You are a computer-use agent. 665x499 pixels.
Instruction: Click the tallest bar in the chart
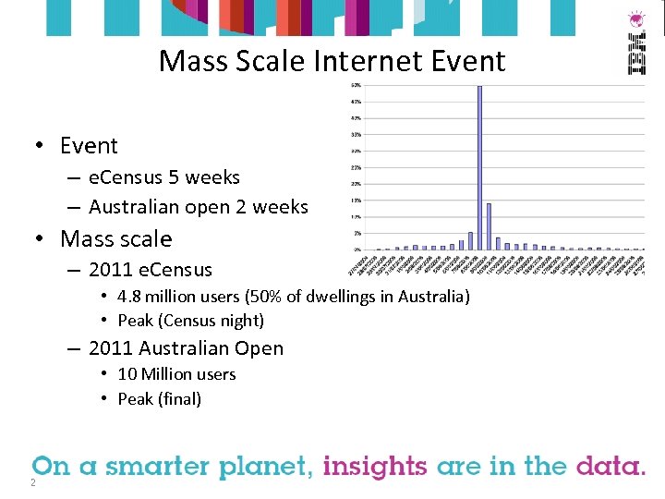479,167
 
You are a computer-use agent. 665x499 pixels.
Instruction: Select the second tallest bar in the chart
489,226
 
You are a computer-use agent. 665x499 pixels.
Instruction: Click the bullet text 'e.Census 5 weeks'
164,177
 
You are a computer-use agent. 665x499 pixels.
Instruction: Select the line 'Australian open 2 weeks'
199,207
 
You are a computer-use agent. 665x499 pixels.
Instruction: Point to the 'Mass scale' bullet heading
115,238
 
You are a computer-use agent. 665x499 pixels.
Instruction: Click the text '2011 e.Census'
151,270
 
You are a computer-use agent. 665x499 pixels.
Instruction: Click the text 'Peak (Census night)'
190,321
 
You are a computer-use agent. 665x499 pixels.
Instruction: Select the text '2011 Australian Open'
186,348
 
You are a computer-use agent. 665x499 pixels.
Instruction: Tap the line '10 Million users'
176,374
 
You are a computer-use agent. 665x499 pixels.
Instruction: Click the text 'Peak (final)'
159,399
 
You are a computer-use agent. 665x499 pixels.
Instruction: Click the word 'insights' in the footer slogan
375,466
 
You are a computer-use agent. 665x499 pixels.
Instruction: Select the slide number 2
32,482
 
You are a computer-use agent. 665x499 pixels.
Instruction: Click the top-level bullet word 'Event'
89,146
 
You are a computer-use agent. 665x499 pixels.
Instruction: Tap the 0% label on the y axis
356,249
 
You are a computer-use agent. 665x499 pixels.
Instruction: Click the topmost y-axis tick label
356,85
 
